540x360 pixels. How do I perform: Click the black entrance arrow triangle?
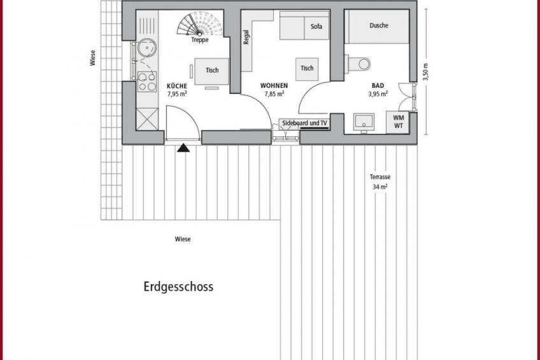coord(183,148)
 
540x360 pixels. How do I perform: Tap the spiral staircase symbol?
coord(200,24)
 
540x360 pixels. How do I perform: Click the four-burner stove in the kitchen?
coord(147,82)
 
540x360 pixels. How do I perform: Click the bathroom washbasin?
coord(364,122)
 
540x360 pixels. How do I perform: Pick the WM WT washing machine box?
coord(398,122)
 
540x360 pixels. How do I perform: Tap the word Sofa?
coord(316,27)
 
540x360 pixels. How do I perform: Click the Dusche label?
coord(379,25)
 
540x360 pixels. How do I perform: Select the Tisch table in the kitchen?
coord(211,71)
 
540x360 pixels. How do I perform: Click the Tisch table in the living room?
coord(307,69)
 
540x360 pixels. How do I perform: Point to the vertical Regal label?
coord(246,37)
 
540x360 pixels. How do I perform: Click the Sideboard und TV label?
coord(304,123)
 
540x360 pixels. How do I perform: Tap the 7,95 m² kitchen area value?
coord(177,94)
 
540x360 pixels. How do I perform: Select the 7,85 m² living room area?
coord(274,94)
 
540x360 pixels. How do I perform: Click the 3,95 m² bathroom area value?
coord(378,94)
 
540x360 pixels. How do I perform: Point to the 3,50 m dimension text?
coord(426,72)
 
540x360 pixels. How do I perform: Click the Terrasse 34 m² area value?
coord(380,187)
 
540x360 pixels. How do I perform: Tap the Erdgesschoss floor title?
coord(178,287)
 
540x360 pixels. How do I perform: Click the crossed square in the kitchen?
coord(147,119)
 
